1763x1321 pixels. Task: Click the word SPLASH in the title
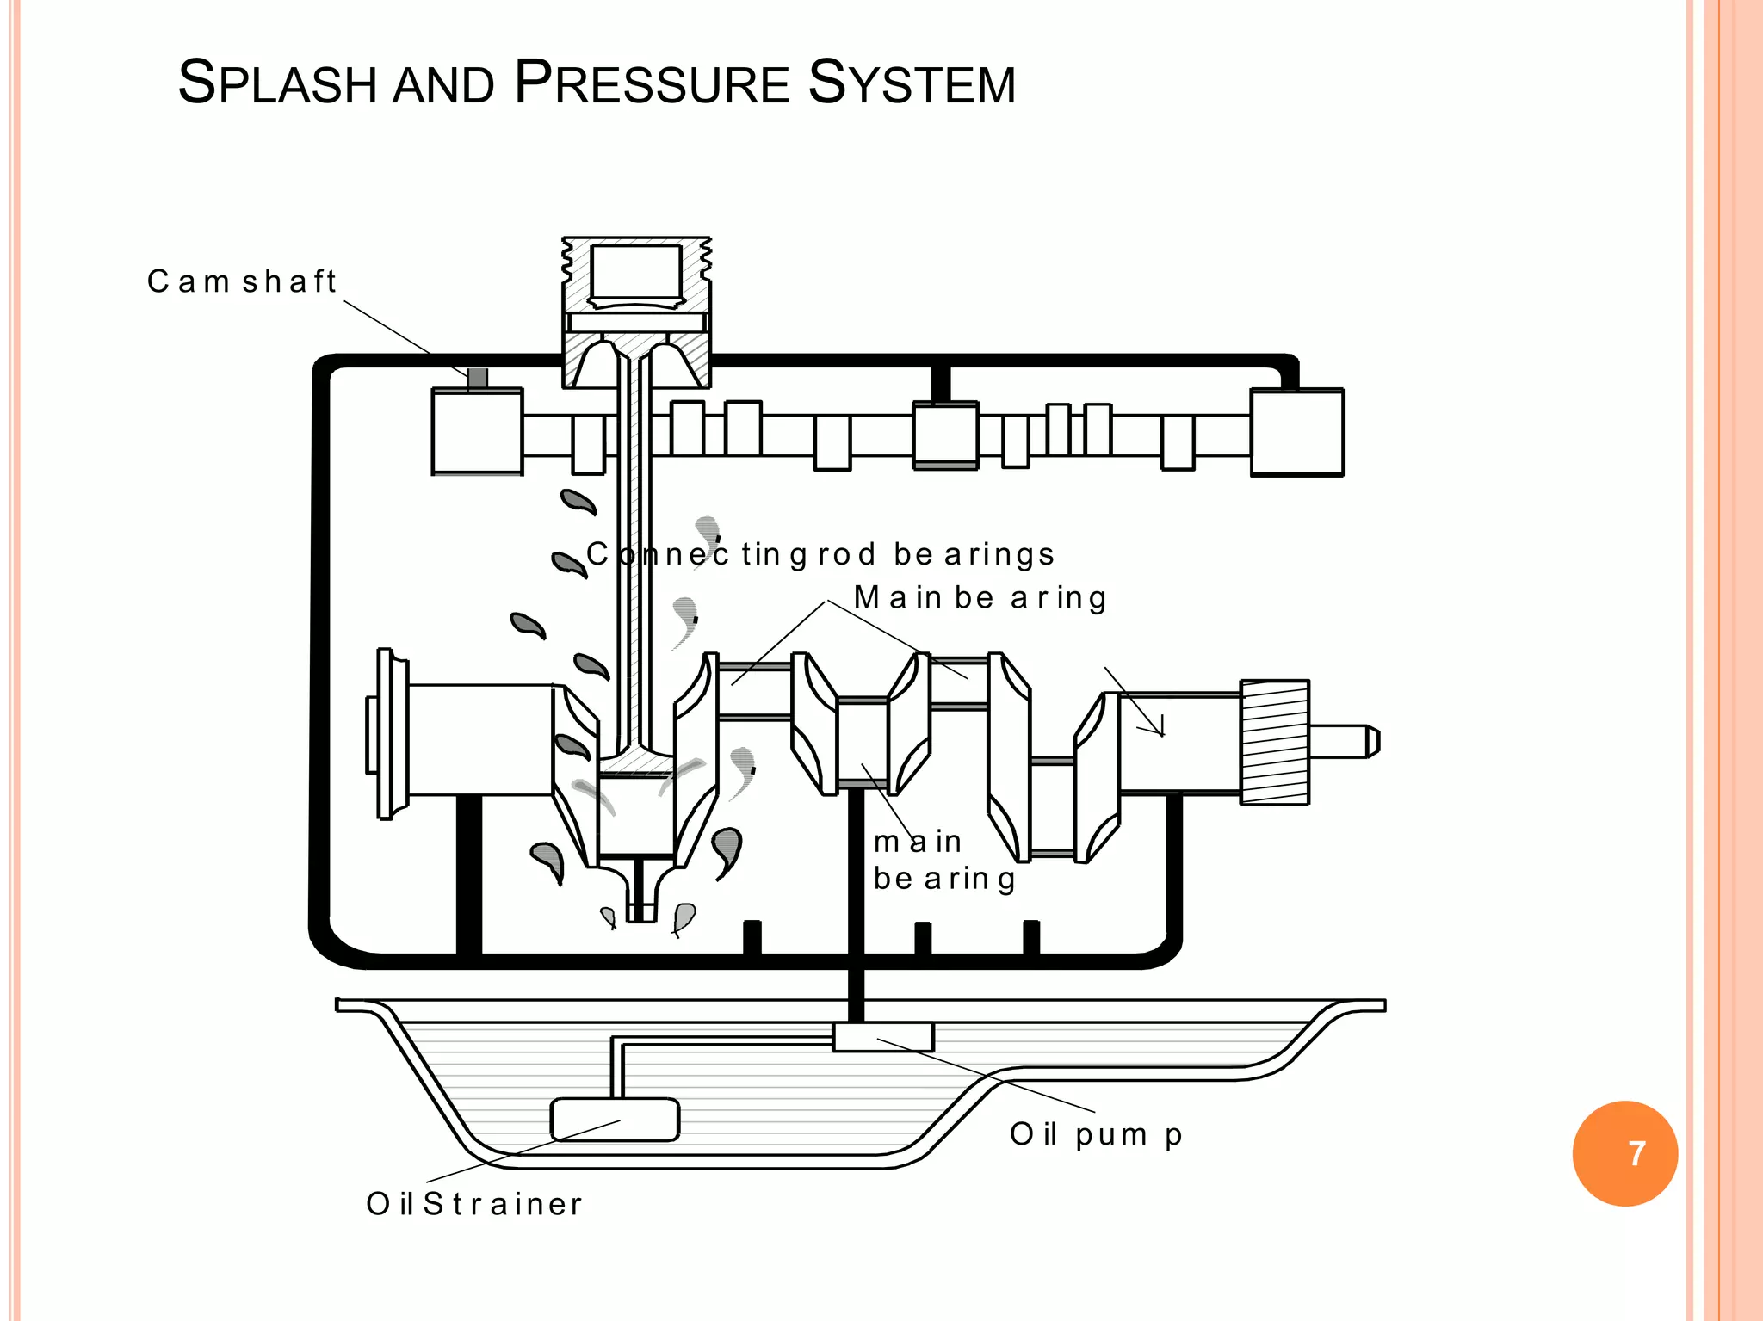point(277,83)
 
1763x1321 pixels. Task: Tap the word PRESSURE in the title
point(652,83)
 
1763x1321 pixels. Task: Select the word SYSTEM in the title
point(912,83)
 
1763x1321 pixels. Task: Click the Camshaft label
point(241,281)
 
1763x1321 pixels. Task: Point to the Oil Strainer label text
point(474,1203)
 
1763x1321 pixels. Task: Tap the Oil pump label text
point(1096,1134)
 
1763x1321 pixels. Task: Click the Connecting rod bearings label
point(820,554)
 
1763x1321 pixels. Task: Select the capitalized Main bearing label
point(980,597)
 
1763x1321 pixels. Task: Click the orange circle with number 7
point(1624,1153)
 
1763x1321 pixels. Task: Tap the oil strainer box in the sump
point(615,1120)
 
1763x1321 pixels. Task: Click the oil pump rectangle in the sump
point(883,1037)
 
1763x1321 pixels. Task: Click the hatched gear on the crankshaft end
point(1275,742)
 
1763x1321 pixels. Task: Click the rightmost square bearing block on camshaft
point(1296,432)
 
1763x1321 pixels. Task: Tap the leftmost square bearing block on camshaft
point(477,432)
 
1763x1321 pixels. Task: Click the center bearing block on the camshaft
point(945,435)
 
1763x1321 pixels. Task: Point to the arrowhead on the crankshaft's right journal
point(1158,727)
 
